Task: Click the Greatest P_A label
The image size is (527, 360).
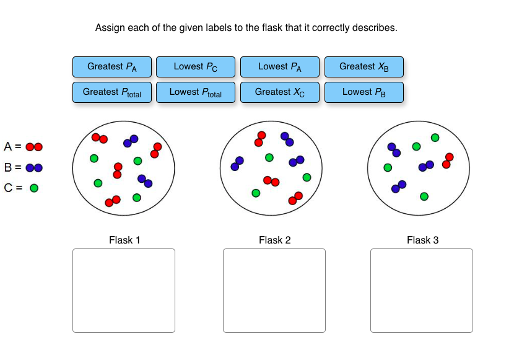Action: tap(111, 67)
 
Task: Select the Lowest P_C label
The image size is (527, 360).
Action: tap(195, 67)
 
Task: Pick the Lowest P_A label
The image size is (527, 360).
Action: tap(279, 67)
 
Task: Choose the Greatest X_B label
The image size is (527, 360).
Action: tap(364, 67)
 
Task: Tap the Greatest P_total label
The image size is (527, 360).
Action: tap(111, 92)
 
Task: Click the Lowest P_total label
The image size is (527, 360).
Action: tap(195, 92)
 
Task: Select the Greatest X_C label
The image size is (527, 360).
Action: tap(279, 92)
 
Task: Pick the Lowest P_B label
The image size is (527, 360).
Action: tap(364, 92)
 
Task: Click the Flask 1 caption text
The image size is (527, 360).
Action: tap(124, 240)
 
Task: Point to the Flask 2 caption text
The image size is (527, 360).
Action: tap(274, 240)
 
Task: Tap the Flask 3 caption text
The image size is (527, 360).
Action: tap(422, 240)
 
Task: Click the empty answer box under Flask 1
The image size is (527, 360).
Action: tap(124, 291)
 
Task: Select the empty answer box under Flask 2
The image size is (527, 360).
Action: tap(274, 291)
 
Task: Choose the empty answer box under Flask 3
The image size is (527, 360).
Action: tap(422, 291)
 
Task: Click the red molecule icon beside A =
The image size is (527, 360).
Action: tap(34, 147)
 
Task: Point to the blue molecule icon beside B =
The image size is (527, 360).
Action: tap(34, 167)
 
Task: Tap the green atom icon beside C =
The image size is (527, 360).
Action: tap(34, 188)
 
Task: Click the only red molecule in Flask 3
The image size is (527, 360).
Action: tap(447, 160)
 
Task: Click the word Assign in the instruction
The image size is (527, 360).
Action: tap(109, 28)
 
